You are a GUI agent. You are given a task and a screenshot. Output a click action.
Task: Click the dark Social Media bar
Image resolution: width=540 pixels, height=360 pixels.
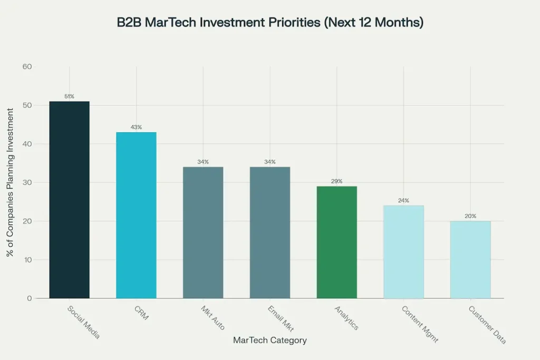pos(69,200)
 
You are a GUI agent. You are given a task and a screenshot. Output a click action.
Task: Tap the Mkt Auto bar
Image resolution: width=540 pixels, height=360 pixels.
pos(203,232)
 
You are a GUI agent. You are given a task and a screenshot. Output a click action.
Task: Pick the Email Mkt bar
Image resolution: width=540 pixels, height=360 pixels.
pos(269,232)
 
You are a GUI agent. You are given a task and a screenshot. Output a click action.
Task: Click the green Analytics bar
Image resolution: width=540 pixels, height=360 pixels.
pos(336,242)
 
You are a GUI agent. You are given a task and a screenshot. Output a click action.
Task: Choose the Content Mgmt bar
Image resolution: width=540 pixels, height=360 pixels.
pos(403,252)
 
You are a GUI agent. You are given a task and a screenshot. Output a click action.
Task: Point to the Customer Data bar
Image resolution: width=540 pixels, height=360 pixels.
pos(470,259)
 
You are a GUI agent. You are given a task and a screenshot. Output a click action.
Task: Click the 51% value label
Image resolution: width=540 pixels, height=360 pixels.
pos(69,96)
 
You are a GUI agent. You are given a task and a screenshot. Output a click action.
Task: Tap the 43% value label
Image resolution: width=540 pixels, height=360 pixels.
pos(136,127)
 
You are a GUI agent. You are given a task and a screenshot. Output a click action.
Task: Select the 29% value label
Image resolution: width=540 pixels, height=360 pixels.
pos(336,181)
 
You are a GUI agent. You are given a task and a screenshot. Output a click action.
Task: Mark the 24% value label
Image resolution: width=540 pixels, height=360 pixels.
pos(403,200)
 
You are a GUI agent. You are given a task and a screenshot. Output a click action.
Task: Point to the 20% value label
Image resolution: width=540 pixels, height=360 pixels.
pos(470,216)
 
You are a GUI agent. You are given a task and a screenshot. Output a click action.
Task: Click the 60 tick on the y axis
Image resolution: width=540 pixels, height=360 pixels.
pos(27,67)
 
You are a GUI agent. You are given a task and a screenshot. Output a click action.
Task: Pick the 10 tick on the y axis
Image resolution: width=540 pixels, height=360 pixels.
pos(27,260)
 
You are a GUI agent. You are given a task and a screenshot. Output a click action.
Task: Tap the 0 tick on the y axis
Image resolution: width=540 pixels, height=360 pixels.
pos(30,298)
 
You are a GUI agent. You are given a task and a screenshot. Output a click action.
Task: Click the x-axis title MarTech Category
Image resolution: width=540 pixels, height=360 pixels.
pos(269,340)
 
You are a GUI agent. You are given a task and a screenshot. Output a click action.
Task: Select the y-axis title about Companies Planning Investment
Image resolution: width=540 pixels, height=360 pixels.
pos(11,182)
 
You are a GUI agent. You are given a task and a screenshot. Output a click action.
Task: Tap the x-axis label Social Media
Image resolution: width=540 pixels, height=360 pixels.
pos(83,322)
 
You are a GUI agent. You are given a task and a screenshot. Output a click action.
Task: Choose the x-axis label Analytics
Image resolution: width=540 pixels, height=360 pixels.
pos(346,318)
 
